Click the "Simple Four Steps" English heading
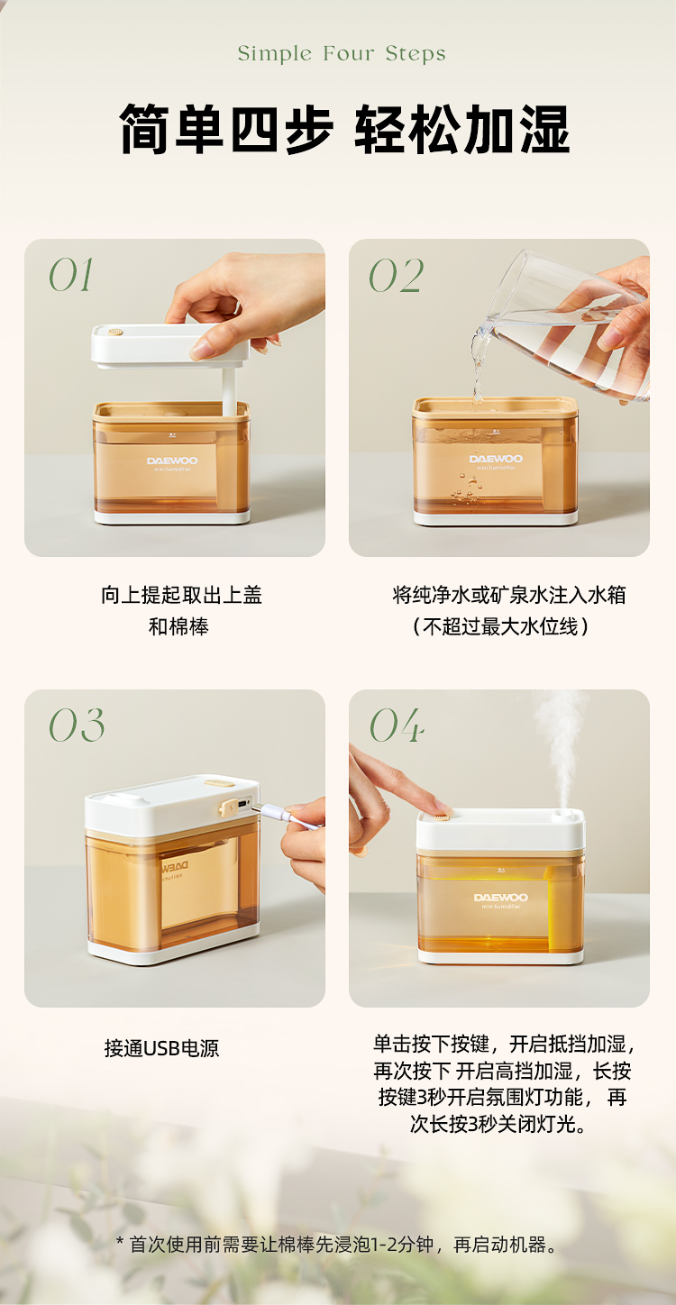pos(342,53)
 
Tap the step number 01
pos(70,275)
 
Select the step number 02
pos(396,275)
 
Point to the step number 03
pos(77,726)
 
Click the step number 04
pos(397,726)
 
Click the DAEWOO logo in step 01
pos(172,461)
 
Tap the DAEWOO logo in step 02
pos(496,459)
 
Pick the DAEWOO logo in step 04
pos(500,898)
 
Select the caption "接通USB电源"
pos(161,1048)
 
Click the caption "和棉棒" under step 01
pos(178,627)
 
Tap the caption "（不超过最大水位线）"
pos(500,627)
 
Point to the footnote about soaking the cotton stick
pos(337,1245)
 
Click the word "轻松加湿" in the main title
pos(462,130)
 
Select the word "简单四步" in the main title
pos(226,130)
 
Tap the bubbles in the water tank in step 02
pos(467,488)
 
